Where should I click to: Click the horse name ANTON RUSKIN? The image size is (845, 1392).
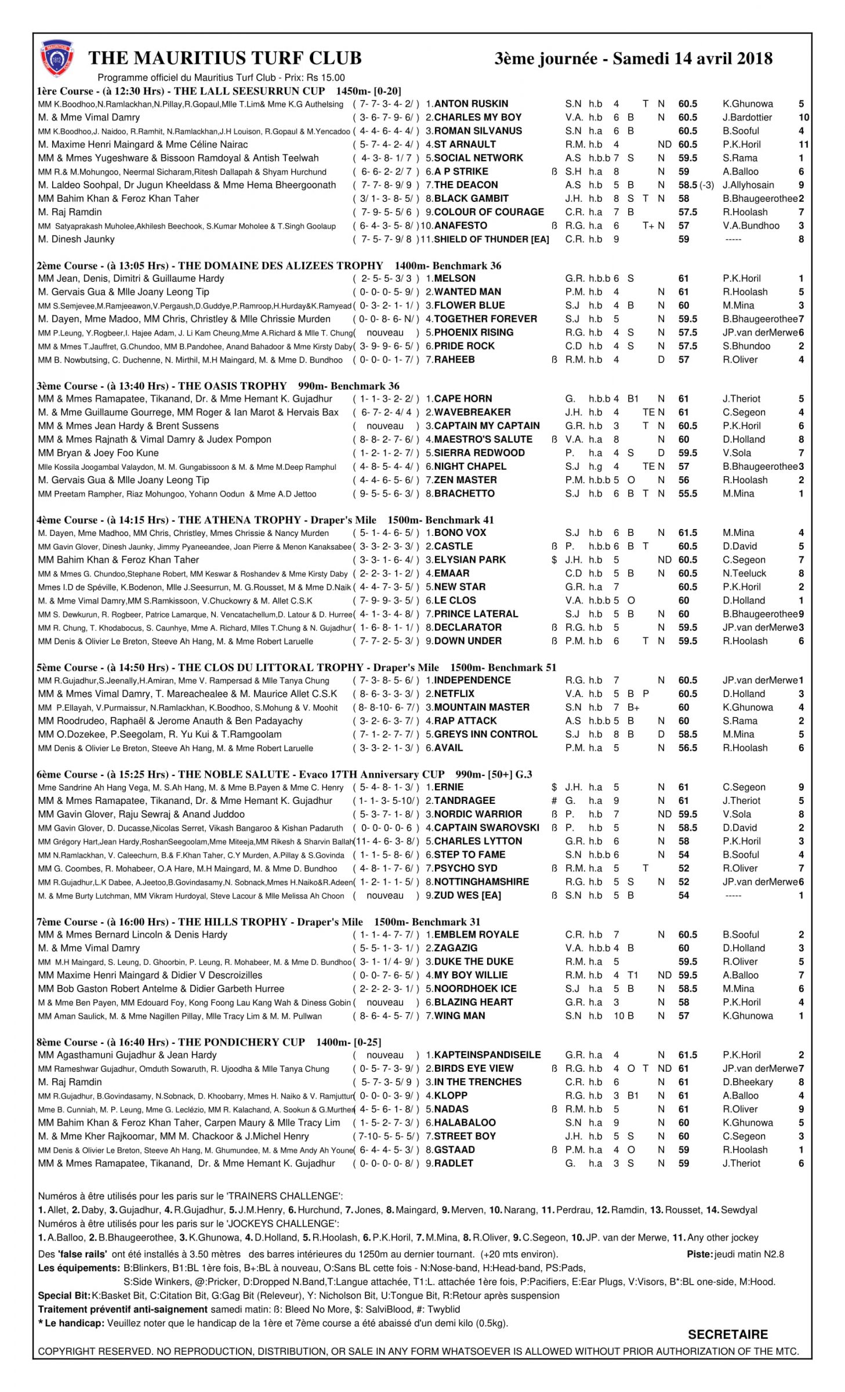tap(471, 104)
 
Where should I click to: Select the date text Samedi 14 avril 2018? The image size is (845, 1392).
tap(692, 59)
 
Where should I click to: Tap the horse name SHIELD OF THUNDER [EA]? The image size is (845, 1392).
tap(491, 239)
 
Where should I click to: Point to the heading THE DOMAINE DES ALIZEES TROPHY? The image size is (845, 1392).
tap(280, 266)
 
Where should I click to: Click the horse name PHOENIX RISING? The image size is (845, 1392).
tap(473, 332)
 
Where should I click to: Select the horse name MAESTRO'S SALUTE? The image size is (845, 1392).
tap(483, 439)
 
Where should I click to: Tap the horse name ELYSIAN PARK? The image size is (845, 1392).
tap(470, 560)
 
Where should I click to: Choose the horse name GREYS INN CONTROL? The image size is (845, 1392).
tap(485, 734)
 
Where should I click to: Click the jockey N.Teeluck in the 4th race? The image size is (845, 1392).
tap(744, 573)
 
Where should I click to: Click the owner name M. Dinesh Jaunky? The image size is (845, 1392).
tap(76, 239)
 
